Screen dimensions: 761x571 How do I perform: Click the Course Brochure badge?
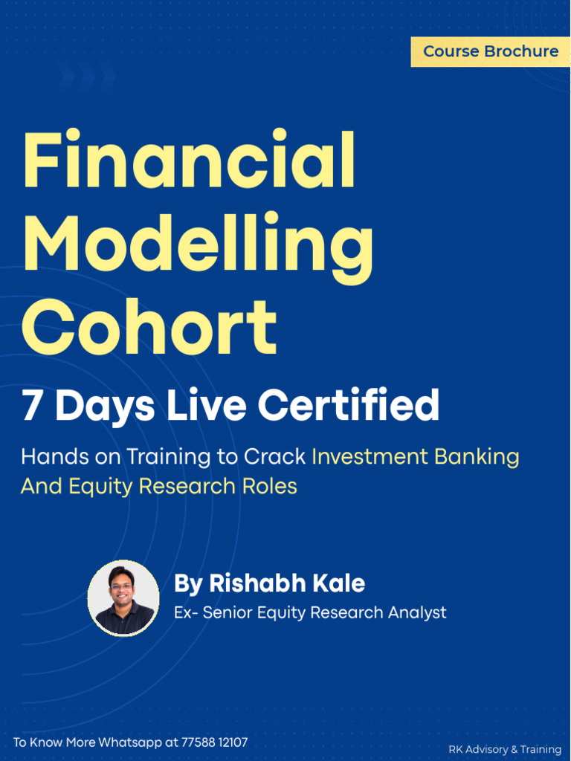click(491, 51)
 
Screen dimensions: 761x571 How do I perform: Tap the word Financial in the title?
click(189, 160)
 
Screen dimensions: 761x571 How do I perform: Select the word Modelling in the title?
click(198, 243)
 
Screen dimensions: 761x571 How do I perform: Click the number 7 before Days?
click(31, 407)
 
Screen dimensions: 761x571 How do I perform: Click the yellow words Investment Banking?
click(415, 456)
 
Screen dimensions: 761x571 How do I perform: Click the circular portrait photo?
click(123, 598)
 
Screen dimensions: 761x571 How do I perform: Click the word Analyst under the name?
click(417, 613)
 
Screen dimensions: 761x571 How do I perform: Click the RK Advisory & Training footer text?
click(504, 749)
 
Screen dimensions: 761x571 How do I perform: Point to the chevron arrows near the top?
click(88, 75)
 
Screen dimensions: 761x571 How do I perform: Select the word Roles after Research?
click(272, 487)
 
